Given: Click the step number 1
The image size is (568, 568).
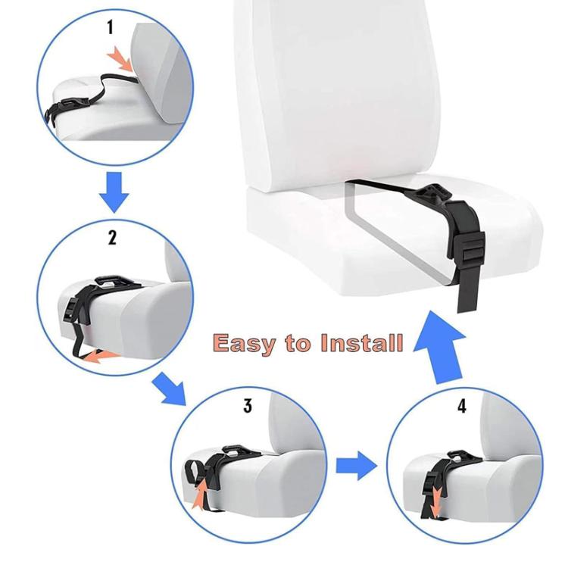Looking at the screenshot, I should (111, 28).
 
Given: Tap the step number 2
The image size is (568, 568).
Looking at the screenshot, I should (112, 237).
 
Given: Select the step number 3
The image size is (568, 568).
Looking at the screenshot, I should (248, 406).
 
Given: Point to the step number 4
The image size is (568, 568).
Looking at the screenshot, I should (462, 406).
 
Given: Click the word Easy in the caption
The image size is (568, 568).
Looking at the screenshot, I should (245, 343).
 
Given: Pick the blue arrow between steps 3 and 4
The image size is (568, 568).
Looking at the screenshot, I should (356, 465).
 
